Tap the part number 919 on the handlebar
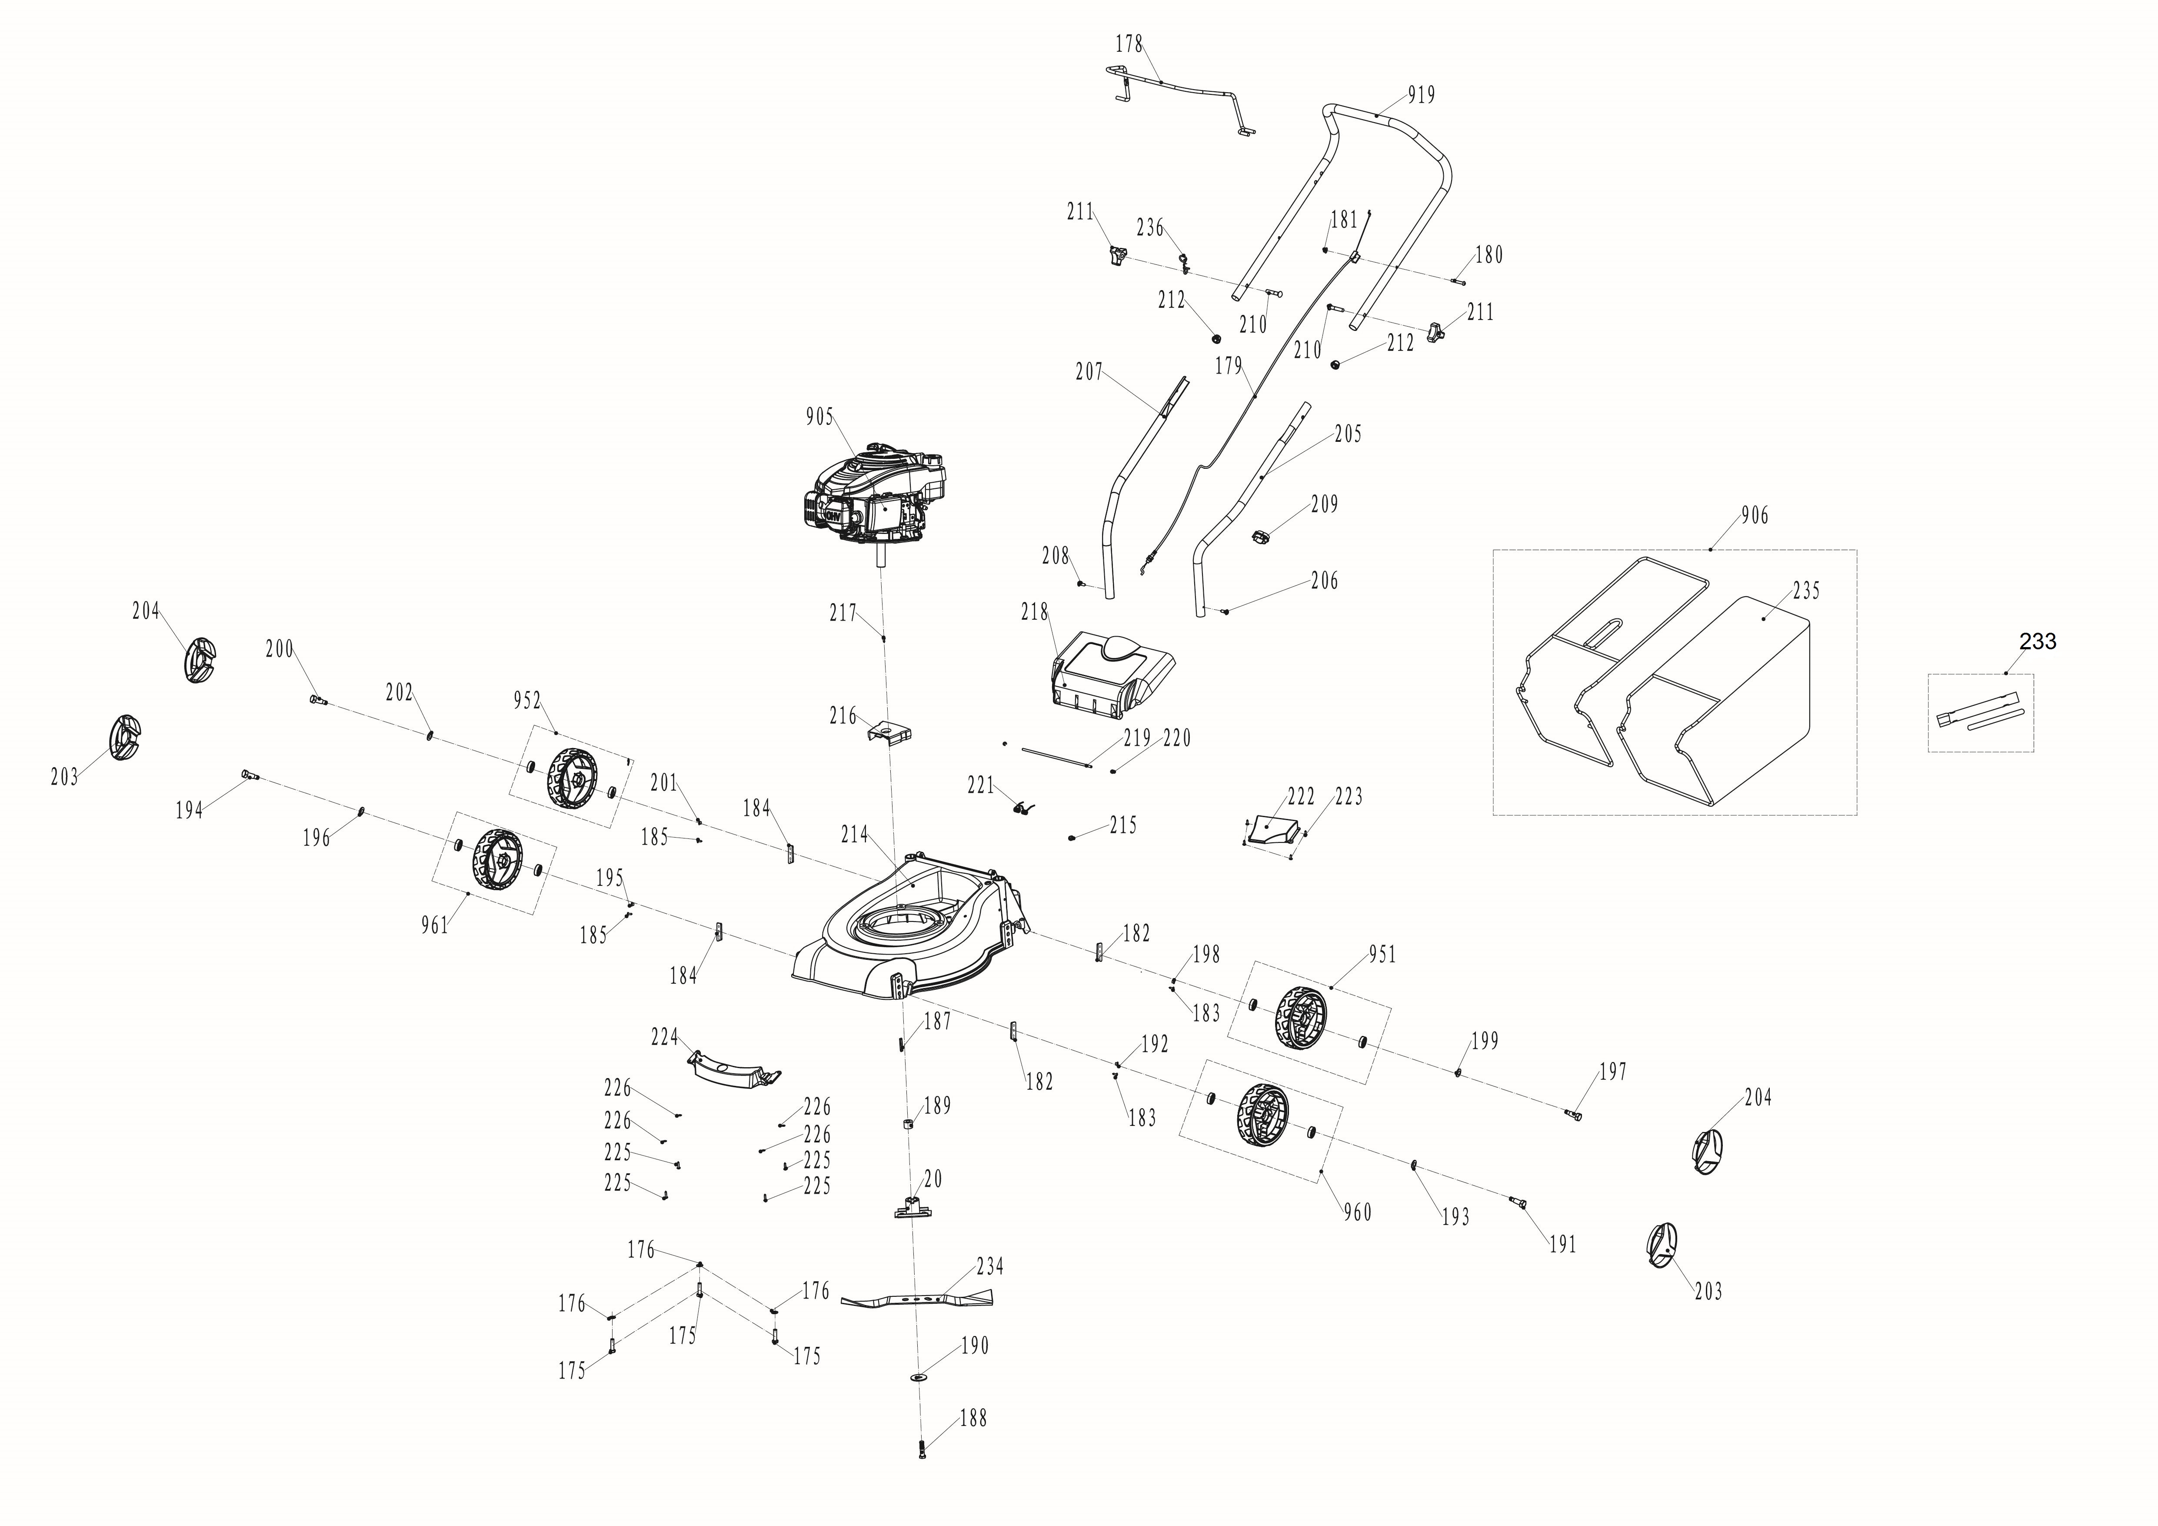1421,95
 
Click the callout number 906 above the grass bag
1754,515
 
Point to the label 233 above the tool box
2038,641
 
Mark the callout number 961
434,925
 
